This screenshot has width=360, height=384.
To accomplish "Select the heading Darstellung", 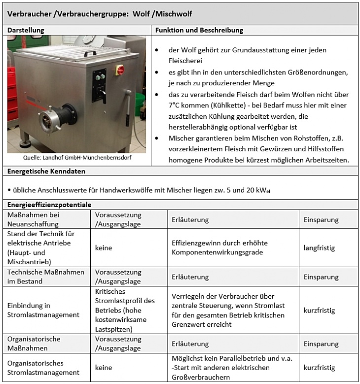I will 26,31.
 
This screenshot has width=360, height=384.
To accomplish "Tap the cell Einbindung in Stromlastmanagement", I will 43,311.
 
